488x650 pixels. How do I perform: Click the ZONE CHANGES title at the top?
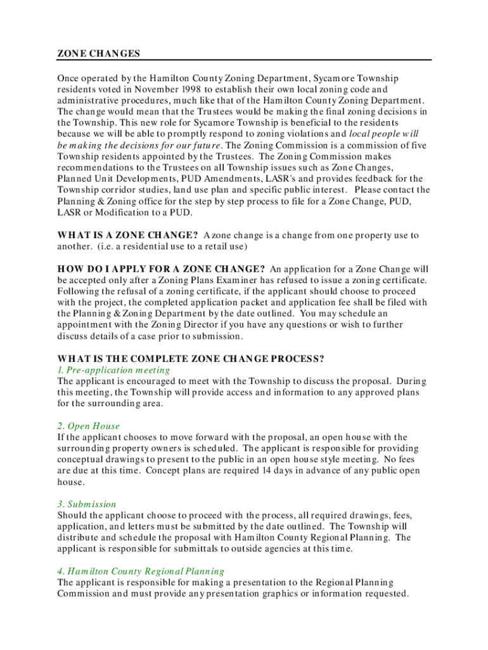[x=99, y=54]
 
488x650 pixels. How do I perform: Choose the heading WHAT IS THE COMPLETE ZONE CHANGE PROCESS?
[x=191, y=359]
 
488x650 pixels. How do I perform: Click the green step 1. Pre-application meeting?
[x=113, y=370]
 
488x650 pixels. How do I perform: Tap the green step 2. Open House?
[x=88, y=426]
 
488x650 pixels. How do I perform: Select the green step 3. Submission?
[x=87, y=504]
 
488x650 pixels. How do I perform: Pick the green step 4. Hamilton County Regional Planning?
[x=141, y=571]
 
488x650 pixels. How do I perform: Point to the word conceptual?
[x=81, y=460]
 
